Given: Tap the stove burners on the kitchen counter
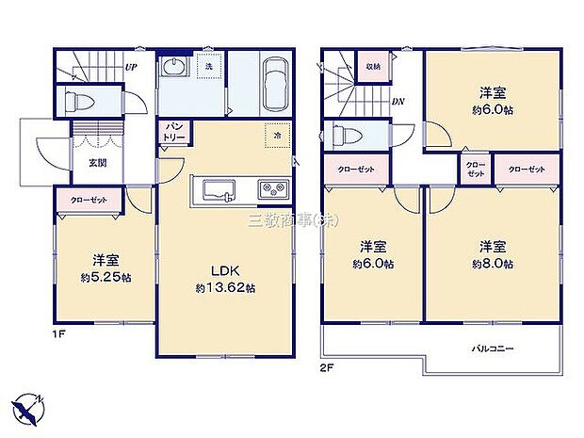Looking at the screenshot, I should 272,190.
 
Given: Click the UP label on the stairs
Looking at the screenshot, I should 132,68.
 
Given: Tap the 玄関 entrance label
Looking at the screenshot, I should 98,162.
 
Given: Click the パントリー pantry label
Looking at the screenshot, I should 176,132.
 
